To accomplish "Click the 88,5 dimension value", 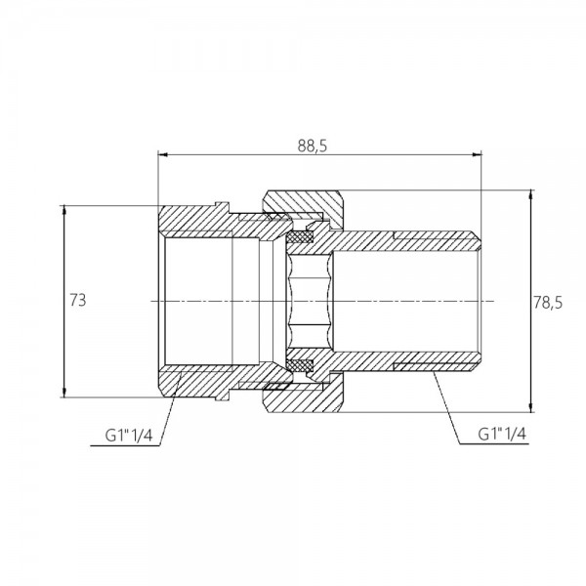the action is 313,146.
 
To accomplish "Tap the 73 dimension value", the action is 78,300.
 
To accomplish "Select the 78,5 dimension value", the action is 548,303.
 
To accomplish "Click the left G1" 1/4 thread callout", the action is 129,435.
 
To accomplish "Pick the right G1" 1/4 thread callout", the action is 502,434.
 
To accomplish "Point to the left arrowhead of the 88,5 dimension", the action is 162,153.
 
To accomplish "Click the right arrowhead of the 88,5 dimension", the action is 477,153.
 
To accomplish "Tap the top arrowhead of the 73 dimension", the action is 64,210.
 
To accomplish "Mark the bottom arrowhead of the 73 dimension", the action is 64,392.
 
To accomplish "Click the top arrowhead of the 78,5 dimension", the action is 530,194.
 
